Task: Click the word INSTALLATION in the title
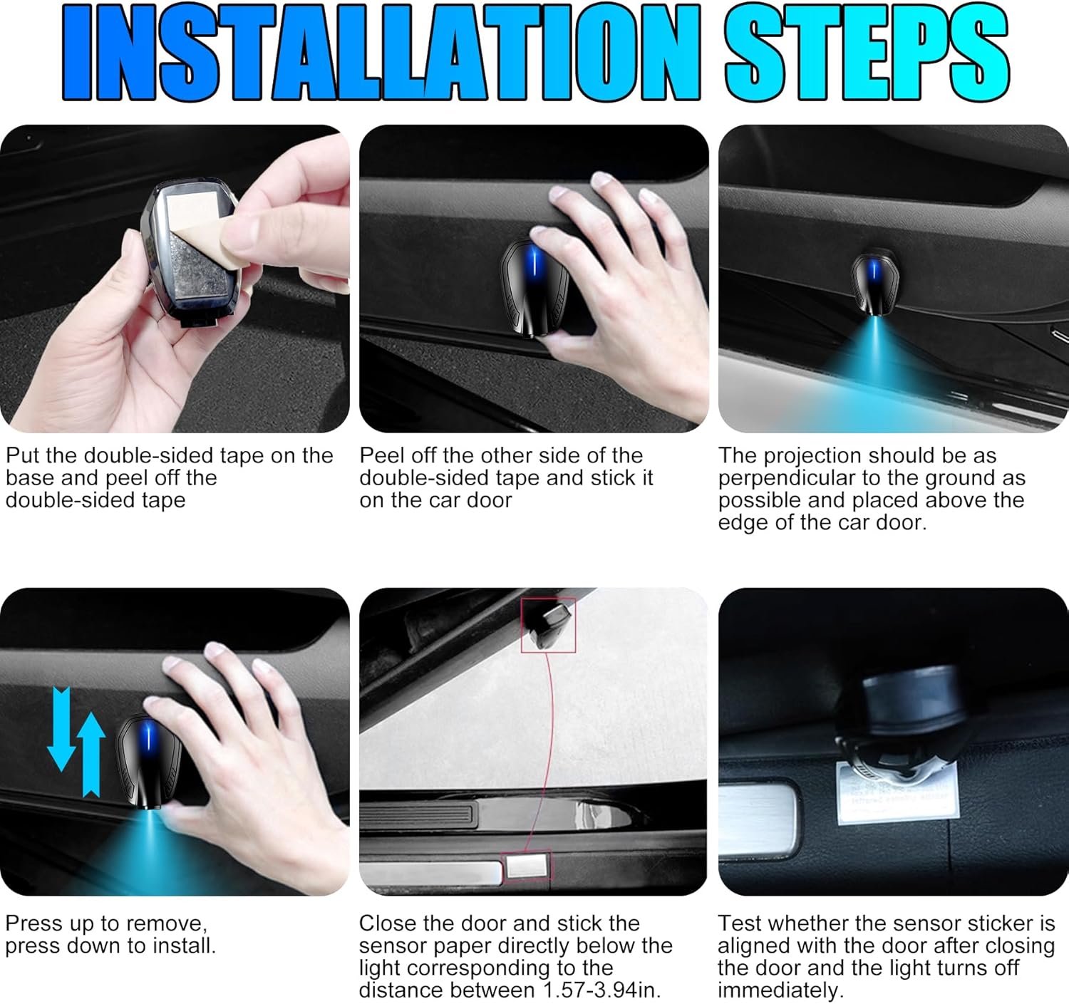point(381,52)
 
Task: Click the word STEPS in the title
point(867,52)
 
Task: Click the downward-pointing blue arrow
point(61,729)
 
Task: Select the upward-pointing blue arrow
point(91,755)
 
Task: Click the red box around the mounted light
point(548,625)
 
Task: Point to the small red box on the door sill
point(527,866)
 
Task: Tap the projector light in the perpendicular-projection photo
point(874,283)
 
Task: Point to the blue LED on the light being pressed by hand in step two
point(534,263)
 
